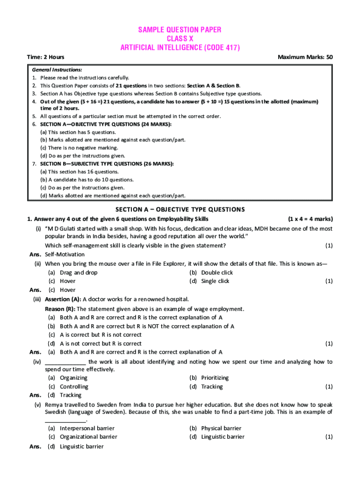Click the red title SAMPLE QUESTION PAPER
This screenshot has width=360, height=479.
(x=180, y=30)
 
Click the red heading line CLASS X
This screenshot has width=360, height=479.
(x=180, y=39)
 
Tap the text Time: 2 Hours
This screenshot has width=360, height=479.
(x=46, y=57)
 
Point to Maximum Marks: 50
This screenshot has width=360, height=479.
(x=305, y=57)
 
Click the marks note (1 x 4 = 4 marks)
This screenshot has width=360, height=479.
(x=310, y=219)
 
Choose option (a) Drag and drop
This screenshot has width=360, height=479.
(x=73, y=273)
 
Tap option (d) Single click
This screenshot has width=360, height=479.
(x=209, y=281)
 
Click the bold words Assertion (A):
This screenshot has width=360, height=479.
(x=63, y=299)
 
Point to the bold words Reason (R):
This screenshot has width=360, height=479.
(x=60, y=309)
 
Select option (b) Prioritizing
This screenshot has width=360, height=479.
(x=209, y=378)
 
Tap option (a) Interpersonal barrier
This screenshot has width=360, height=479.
(x=81, y=428)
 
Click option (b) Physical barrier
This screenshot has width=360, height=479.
(x=215, y=428)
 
